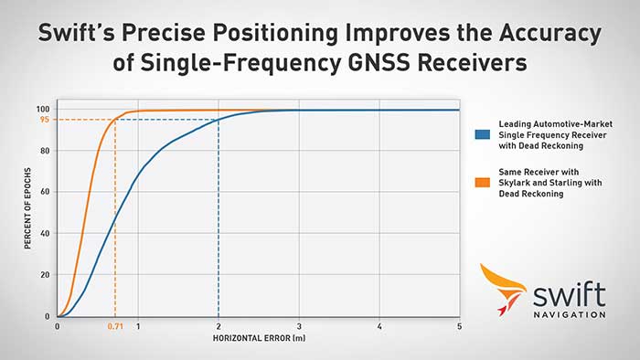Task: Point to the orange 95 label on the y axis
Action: [44, 120]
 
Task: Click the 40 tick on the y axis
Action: [44, 234]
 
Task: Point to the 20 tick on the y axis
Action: [44, 275]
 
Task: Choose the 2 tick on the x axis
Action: [219, 327]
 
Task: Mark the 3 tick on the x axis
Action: [299, 327]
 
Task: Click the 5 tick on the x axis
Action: [459, 327]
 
